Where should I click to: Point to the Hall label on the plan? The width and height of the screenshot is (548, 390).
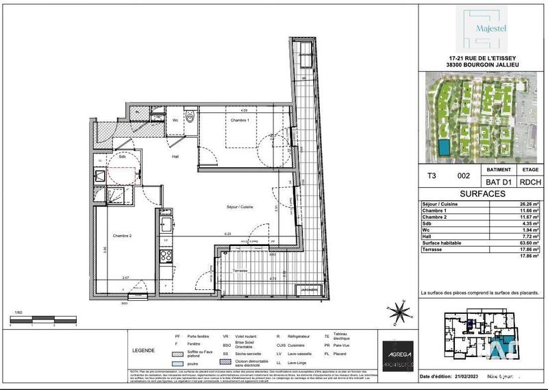tap(175, 157)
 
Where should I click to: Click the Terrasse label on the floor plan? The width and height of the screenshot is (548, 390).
tap(239, 271)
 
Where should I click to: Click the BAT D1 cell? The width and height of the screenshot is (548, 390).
tap(498, 181)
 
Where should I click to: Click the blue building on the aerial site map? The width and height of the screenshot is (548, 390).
tap(446, 147)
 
